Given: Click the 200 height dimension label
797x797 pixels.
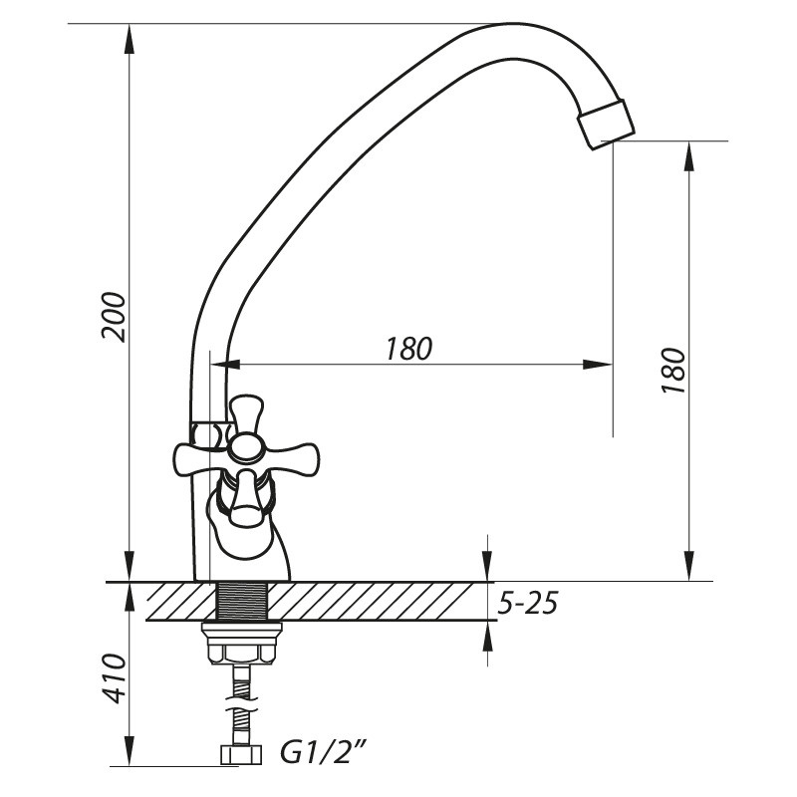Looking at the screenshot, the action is click(113, 317).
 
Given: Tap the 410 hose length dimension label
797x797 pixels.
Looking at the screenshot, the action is click(113, 678).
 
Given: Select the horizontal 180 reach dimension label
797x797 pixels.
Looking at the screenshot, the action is click(408, 349).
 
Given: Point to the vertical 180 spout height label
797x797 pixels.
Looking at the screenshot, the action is click(674, 370).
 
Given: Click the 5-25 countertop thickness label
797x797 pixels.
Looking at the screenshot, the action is click(528, 604).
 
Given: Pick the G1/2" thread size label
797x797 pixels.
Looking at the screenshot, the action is click(323, 752).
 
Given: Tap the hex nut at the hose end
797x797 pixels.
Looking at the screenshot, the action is click(241, 754).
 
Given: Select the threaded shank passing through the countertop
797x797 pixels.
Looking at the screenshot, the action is click(242, 602).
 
